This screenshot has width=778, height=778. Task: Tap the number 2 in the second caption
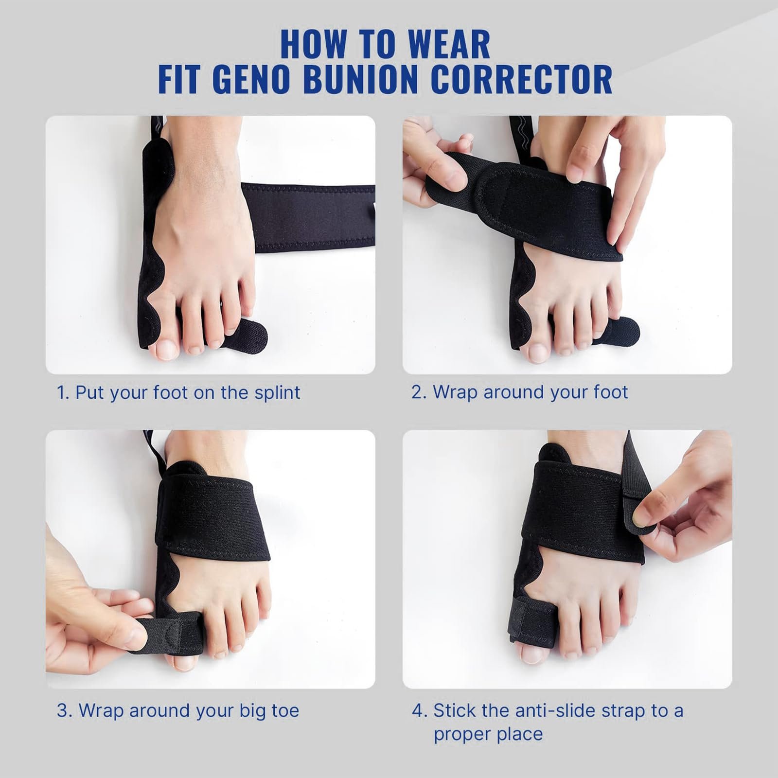417,392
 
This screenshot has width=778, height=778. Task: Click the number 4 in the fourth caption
418,710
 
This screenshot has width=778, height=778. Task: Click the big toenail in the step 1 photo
166,349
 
